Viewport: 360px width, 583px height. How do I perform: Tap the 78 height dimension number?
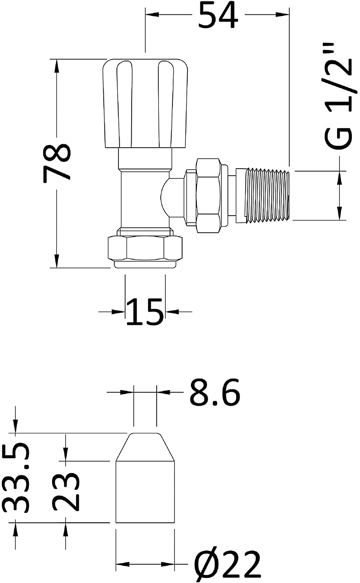pos(57,162)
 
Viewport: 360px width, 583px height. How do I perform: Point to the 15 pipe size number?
pos(144,312)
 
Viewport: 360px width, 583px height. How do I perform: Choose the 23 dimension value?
pos(66,490)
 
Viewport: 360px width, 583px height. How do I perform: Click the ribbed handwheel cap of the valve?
pos(145,103)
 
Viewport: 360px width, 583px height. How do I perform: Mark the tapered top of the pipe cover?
pos(145,447)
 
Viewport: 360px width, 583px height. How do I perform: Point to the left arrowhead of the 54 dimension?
pos(152,16)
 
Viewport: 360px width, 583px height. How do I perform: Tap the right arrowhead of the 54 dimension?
pos(283,16)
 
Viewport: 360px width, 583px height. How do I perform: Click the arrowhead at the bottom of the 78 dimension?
pos(57,261)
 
